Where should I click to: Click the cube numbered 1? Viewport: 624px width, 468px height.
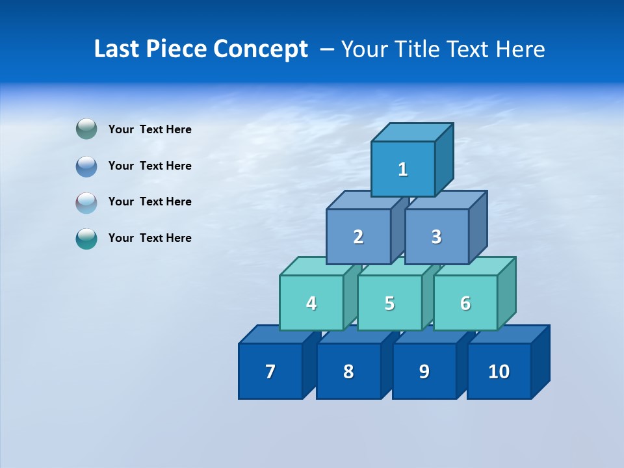point(403,169)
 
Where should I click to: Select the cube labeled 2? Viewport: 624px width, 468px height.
point(358,237)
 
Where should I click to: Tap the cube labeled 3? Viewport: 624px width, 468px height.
point(436,237)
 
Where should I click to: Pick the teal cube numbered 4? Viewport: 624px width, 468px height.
point(311,303)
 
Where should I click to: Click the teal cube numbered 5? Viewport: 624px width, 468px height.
point(389,303)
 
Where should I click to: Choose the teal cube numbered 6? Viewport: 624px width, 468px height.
point(465,303)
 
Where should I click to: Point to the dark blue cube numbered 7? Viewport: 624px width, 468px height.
point(270,371)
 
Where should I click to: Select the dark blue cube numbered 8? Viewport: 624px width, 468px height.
point(348,371)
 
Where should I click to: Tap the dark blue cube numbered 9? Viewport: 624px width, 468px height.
point(424,371)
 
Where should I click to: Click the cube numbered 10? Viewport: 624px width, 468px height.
point(499,371)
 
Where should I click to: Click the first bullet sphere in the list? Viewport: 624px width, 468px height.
point(86,129)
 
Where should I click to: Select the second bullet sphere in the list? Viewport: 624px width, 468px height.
point(86,166)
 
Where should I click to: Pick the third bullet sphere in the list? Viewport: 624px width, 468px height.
point(86,202)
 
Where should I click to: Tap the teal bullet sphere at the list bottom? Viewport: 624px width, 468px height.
point(86,239)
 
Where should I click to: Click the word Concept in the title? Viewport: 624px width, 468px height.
point(261,49)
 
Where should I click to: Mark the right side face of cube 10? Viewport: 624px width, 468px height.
point(541,362)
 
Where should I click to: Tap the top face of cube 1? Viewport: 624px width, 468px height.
point(412,133)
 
